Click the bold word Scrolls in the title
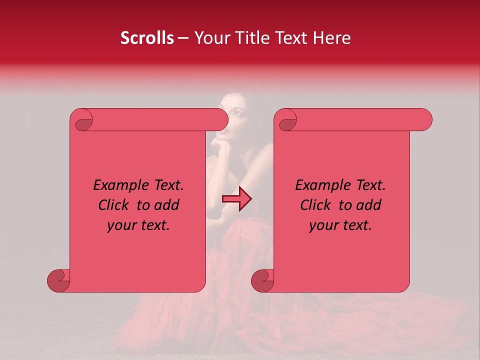[147, 38]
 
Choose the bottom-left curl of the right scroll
[262, 280]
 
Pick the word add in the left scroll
[167, 205]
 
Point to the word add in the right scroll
[369, 205]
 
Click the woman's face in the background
[233, 117]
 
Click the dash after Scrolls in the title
[183, 38]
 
